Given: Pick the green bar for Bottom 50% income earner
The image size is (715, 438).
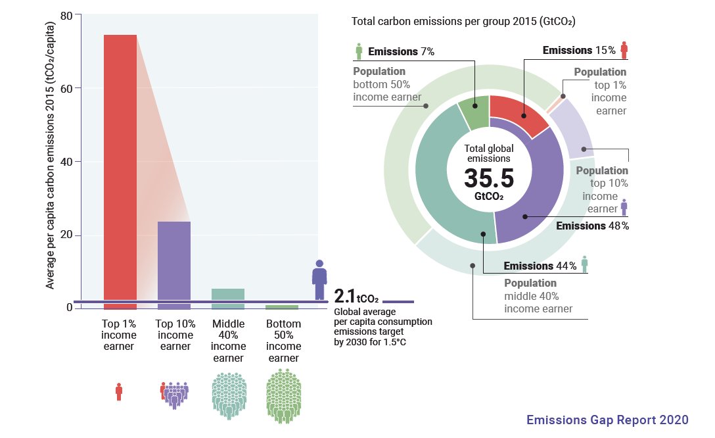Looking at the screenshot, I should (282, 306).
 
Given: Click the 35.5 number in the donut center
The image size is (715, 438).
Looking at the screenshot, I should (489, 178).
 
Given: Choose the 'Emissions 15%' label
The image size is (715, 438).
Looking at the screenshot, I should (579, 50).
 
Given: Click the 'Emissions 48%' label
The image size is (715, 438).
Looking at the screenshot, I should (592, 226).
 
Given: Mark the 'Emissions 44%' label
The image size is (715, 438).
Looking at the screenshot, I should (540, 266).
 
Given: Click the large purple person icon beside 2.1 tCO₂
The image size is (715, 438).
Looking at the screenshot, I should (319, 280).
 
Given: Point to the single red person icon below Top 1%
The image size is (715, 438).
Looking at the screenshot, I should (119, 392).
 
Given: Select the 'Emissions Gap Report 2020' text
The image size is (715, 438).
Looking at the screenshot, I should (607, 420).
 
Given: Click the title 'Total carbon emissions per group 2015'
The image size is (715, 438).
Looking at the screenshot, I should (463, 22).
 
